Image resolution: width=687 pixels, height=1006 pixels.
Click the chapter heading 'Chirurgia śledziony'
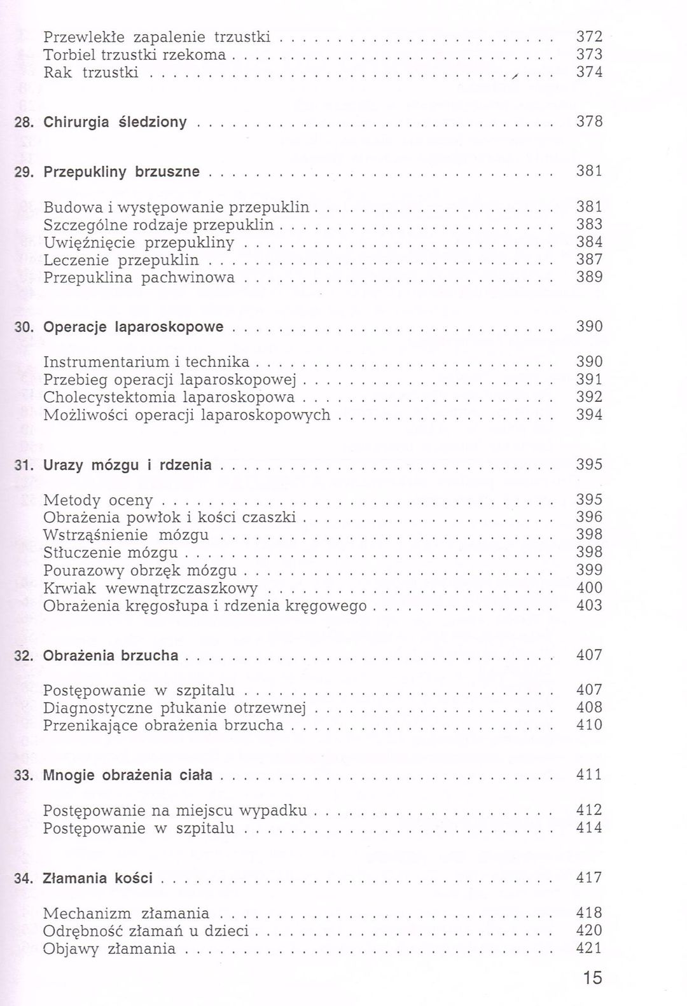pyautogui.click(x=115, y=122)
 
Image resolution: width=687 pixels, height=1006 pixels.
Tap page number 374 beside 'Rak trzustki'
pyautogui.click(x=589, y=72)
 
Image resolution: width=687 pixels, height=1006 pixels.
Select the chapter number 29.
pyautogui.click(x=24, y=172)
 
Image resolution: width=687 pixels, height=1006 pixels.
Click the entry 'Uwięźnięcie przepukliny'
pyautogui.click(x=139, y=242)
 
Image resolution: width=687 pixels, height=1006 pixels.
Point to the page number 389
pyautogui.click(x=589, y=277)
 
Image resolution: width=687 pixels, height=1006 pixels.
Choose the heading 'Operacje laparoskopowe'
pyautogui.click(x=134, y=327)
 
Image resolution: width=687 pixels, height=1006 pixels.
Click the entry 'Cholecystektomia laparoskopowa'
pyautogui.click(x=169, y=397)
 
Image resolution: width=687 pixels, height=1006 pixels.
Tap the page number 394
pyautogui.click(x=589, y=415)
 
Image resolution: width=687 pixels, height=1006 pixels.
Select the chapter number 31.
pyautogui.click(x=24, y=465)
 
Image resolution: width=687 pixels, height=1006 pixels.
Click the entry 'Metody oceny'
pyautogui.click(x=98, y=500)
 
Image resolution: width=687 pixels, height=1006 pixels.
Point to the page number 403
pyautogui.click(x=589, y=605)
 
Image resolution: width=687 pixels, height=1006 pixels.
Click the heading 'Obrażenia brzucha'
pyautogui.click(x=111, y=655)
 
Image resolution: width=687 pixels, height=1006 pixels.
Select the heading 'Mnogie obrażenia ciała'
pyautogui.click(x=128, y=775)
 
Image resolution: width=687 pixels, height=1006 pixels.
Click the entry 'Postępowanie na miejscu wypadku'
pyautogui.click(x=175, y=811)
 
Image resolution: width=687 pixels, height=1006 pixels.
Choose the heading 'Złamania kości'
pyautogui.click(x=98, y=878)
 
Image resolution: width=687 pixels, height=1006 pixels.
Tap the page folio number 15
pyautogui.click(x=592, y=978)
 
